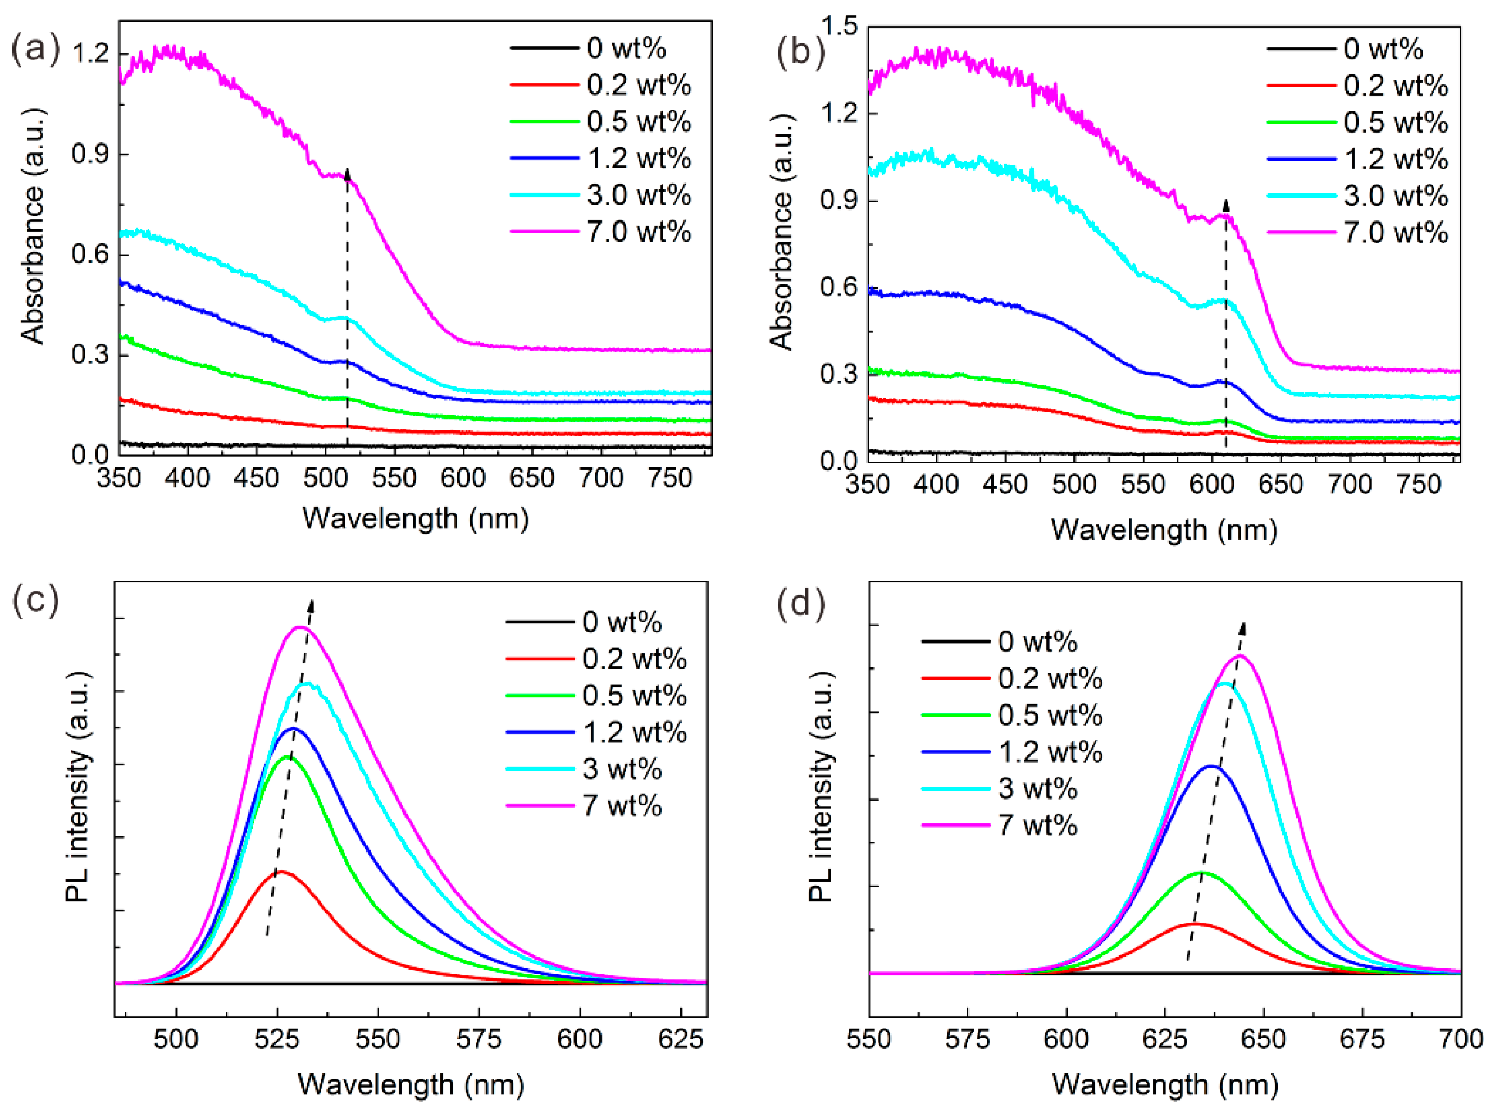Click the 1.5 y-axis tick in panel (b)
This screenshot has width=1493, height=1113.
click(839, 27)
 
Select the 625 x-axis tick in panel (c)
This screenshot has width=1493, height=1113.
click(680, 1040)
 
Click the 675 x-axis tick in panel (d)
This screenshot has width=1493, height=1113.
click(1363, 1040)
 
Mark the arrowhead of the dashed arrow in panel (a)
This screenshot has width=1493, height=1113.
click(347, 174)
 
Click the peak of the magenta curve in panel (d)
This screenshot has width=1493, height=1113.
click(1240, 656)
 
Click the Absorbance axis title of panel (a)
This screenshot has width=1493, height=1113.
click(32, 226)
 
